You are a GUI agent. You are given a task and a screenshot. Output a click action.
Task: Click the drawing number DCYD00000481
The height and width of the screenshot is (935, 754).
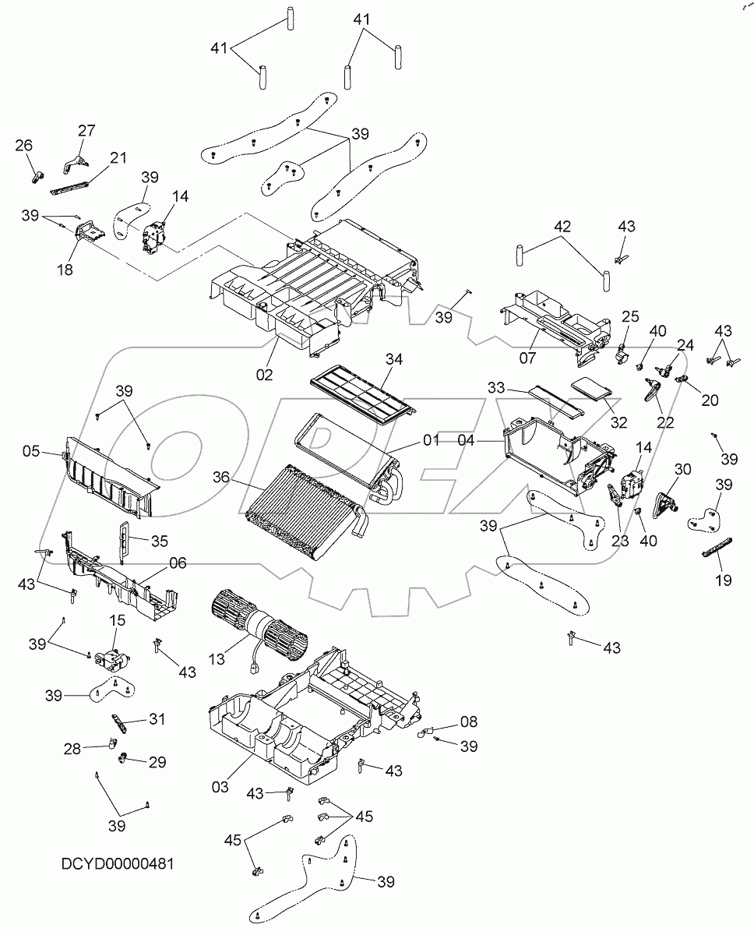click(x=117, y=864)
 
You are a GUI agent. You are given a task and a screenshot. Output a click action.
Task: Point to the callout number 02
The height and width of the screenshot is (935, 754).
click(x=264, y=375)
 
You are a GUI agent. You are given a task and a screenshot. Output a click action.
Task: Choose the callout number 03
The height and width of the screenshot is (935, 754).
click(x=220, y=787)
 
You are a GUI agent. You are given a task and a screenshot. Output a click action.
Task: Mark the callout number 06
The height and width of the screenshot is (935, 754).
click(x=178, y=563)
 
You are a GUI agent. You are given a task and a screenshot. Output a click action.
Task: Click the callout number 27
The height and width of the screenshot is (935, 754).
click(x=86, y=130)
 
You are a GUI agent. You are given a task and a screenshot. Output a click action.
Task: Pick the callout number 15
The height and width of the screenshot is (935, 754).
click(x=117, y=620)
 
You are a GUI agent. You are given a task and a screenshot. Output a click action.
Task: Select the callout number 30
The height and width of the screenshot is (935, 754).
click(x=682, y=469)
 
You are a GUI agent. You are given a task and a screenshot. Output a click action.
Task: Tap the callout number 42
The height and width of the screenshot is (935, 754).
click(x=562, y=227)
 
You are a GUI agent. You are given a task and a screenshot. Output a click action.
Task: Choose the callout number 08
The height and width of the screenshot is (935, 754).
click(x=468, y=722)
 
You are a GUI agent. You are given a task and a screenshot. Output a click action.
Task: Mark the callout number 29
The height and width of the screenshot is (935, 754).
click(x=157, y=762)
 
